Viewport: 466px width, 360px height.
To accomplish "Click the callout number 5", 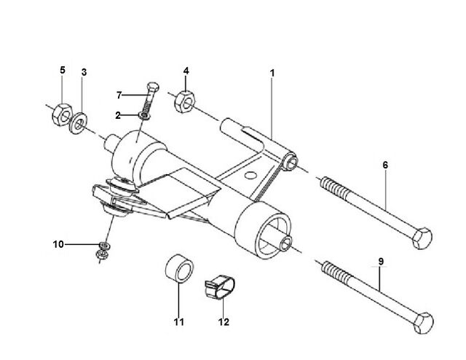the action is point(62,70).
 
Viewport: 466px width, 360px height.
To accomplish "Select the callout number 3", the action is point(84,72).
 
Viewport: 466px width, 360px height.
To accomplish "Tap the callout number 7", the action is point(119,95).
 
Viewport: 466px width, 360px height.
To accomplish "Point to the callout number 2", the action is point(118,115).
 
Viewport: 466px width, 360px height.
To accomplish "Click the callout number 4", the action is point(186,71).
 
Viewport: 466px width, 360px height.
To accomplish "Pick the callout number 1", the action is point(272,73).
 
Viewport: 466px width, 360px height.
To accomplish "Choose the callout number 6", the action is point(385,165).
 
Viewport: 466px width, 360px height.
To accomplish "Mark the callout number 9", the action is point(381,262).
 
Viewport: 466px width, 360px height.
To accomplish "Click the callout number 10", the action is point(58,244).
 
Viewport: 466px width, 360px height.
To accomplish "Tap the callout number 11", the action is point(179,322).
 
